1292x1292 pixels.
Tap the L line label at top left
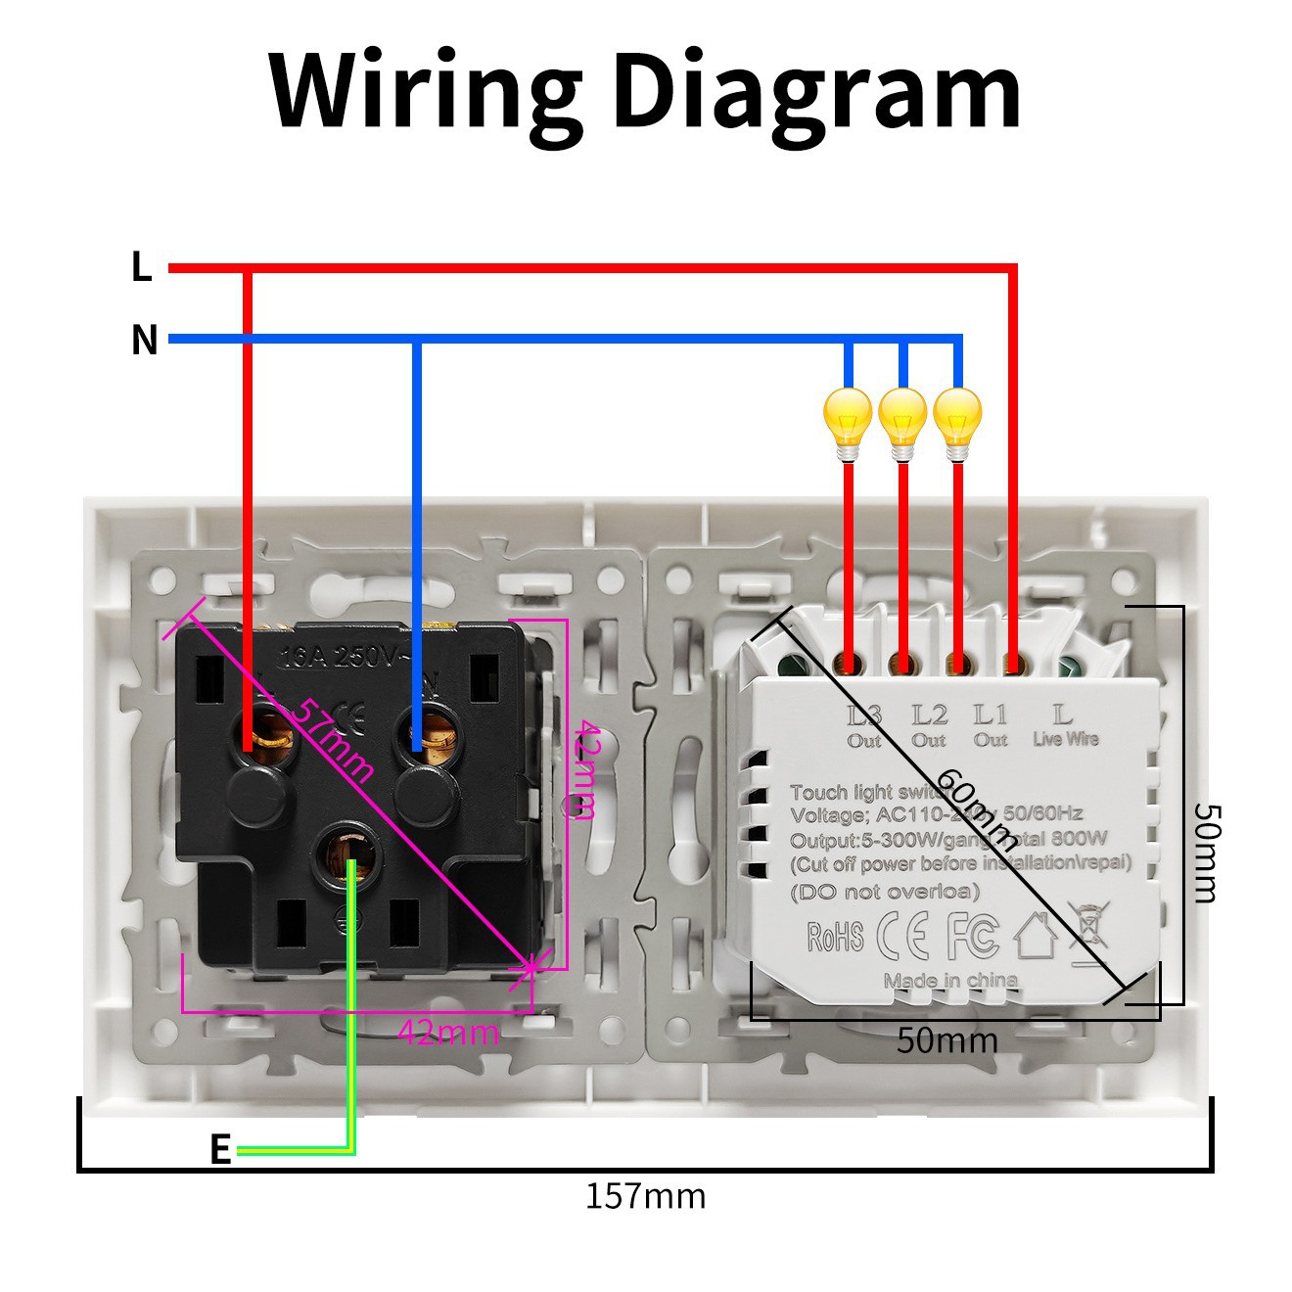click(x=142, y=266)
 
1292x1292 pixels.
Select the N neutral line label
click(x=144, y=340)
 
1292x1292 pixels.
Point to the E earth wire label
click(x=220, y=1149)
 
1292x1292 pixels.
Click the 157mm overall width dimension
click(x=645, y=1196)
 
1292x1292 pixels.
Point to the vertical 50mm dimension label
click(x=1207, y=852)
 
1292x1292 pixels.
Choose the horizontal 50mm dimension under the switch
click(x=947, y=1040)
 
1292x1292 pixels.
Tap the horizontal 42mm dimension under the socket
click(x=448, y=1032)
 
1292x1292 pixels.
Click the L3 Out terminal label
click(x=864, y=725)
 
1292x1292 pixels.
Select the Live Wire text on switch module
click(x=1066, y=739)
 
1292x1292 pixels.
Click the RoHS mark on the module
click(x=835, y=937)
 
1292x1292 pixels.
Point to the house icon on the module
click(x=1036, y=935)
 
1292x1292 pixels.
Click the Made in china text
click(x=950, y=981)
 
